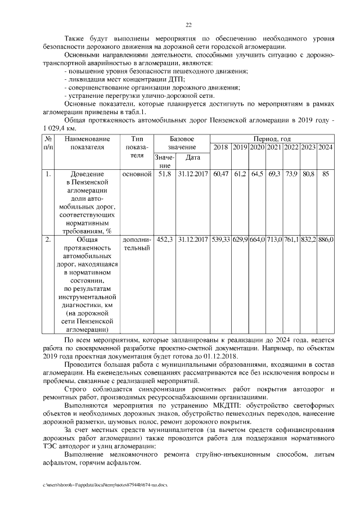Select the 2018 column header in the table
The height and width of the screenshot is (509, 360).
[x=221, y=148]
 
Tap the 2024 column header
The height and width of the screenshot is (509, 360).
[x=326, y=148]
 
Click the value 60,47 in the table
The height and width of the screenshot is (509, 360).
[x=221, y=175]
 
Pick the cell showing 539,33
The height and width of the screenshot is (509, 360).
[x=221, y=240]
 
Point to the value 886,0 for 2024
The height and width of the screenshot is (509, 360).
[x=326, y=240]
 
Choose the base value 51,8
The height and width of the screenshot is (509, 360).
[x=164, y=175]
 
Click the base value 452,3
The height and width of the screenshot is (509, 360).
[x=164, y=240]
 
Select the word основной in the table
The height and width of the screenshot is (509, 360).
[x=137, y=175]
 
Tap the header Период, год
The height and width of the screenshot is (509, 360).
[x=272, y=138]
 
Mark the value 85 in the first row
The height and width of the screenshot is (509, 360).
[x=326, y=175]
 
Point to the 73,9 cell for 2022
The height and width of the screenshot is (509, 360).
[x=291, y=175]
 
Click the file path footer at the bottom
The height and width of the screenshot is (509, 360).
[x=105, y=484]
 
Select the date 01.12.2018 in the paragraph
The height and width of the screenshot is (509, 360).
[x=221, y=357]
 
